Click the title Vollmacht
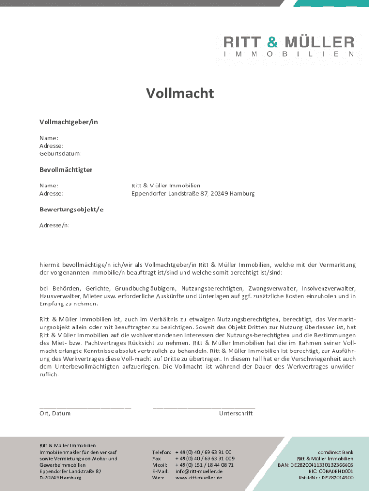click(180, 93)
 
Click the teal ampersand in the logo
click(272, 42)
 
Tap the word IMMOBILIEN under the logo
click(289, 54)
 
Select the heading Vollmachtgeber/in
click(69, 122)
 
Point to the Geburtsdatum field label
click(60, 154)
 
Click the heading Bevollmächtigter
click(66, 170)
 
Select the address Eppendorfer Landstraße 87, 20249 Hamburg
click(193, 194)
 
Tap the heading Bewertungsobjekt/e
click(71, 210)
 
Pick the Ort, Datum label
click(55, 413)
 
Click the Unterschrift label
click(236, 413)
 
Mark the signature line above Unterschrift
click(204, 407)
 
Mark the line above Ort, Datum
click(85, 407)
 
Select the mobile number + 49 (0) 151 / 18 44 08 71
click(205, 465)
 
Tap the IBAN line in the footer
click(315, 465)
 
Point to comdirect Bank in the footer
click(335, 452)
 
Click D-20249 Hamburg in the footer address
click(60, 478)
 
